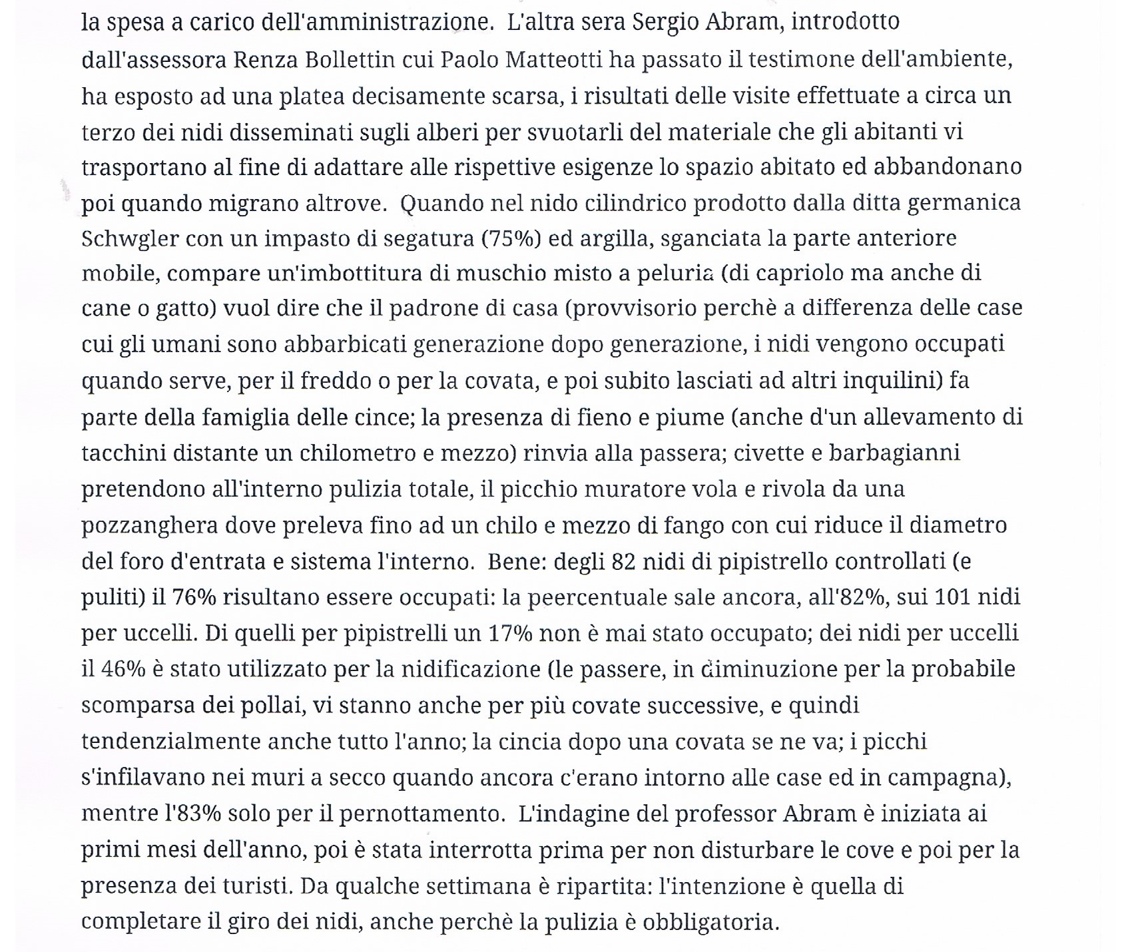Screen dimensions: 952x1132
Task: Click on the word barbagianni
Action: [894, 453]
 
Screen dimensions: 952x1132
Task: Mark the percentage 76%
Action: [194, 597]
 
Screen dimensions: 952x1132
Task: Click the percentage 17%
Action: [511, 633]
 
